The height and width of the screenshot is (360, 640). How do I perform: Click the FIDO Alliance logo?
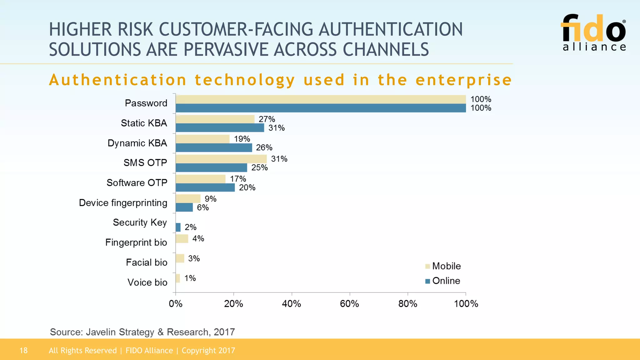(594, 32)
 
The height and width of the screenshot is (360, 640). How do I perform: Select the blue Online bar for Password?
(320, 108)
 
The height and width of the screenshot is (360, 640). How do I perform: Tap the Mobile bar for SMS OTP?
(221, 159)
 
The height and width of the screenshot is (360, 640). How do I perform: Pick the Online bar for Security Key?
(178, 227)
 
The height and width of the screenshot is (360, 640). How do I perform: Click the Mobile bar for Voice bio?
(178, 278)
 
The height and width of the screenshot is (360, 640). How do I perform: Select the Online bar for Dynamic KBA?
(214, 147)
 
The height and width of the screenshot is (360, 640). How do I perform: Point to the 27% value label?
(267, 119)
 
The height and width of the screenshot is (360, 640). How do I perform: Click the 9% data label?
(210, 199)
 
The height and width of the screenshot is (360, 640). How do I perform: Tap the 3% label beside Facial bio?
(194, 258)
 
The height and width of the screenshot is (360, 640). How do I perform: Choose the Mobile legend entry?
(443, 266)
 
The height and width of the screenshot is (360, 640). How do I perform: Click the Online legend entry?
(443, 281)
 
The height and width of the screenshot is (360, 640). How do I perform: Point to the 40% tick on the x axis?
(291, 303)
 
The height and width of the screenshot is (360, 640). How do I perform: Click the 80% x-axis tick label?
(407, 303)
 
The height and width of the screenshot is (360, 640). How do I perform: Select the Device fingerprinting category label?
(123, 202)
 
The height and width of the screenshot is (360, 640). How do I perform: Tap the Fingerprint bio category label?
(136, 242)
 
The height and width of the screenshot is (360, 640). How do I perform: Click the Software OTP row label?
(137, 182)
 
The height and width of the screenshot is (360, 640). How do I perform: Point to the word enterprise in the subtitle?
(463, 80)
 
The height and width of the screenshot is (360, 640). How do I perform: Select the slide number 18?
(23, 350)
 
